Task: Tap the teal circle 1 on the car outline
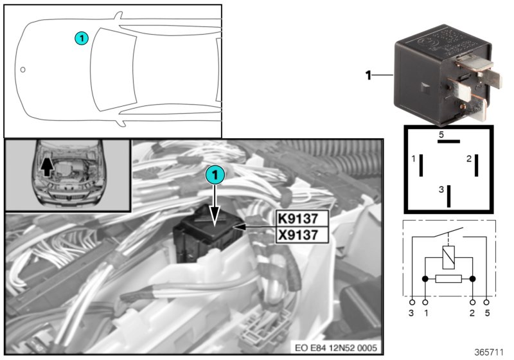(81, 39)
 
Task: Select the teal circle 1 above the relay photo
(216, 174)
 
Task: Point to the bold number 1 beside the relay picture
(369, 76)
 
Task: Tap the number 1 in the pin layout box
(412, 158)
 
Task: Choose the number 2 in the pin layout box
(468, 158)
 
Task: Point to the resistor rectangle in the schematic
(448, 280)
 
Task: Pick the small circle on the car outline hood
(22, 69)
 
